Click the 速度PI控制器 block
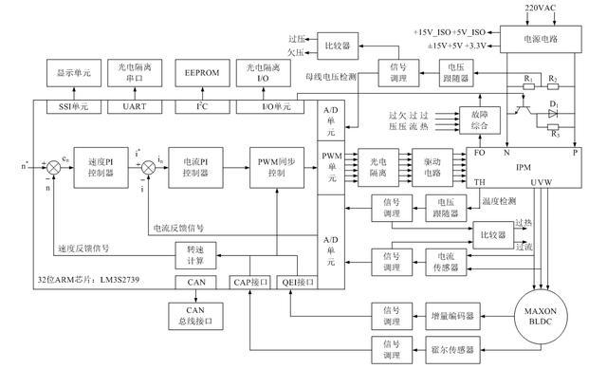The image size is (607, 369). coord(120,165)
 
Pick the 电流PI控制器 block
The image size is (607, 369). coord(200,165)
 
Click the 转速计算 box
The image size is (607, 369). coord(196,256)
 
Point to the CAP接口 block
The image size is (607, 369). coord(250,282)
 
